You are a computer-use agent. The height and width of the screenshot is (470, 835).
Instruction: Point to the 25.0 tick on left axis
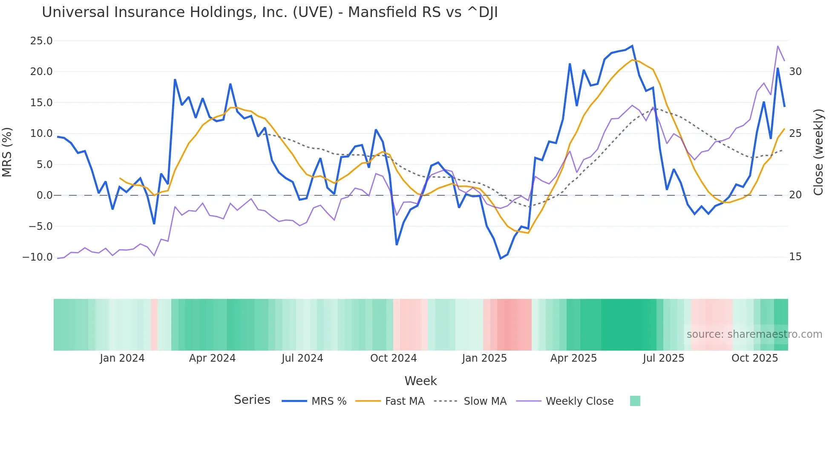pyautogui.click(x=41, y=41)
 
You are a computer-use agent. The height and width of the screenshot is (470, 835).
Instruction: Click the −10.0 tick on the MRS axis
pyautogui.click(x=37, y=257)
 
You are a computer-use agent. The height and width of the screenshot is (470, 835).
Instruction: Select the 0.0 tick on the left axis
pyautogui.click(x=44, y=195)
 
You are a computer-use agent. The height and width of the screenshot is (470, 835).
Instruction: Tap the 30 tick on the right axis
pyautogui.click(x=795, y=72)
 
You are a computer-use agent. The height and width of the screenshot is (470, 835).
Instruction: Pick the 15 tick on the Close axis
pyautogui.click(x=795, y=257)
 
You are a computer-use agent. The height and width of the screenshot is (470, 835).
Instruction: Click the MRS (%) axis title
pyautogui.click(x=7, y=152)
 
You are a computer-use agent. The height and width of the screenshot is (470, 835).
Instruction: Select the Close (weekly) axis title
pyautogui.click(x=818, y=152)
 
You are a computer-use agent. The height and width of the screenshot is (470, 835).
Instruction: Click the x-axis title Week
pyautogui.click(x=420, y=381)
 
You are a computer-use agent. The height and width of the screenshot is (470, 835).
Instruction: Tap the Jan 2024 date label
pyautogui.click(x=122, y=358)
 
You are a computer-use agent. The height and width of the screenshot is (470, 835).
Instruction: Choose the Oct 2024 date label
pyautogui.click(x=393, y=358)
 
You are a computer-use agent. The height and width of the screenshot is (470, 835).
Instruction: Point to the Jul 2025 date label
pyautogui.click(x=663, y=358)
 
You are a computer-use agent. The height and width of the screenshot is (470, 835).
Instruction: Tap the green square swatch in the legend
pyautogui.click(x=635, y=401)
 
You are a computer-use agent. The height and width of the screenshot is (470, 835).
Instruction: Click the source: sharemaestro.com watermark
pyautogui.click(x=754, y=334)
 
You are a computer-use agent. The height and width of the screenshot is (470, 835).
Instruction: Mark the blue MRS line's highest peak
pyautogui.click(x=632, y=46)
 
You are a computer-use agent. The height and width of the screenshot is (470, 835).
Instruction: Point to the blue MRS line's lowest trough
pyautogui.click(x=501, y=258)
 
